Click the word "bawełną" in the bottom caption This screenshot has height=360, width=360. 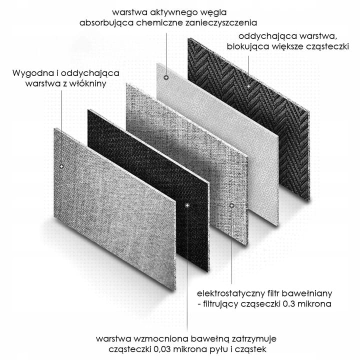point(210,339)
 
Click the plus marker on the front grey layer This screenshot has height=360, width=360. point(61,166)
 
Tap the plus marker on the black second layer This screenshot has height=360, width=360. point(187,205)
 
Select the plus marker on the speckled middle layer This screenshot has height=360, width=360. point(231,205)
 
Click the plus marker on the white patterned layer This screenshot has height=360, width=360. point(166,77)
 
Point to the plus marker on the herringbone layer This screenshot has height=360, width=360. point(248,86)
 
